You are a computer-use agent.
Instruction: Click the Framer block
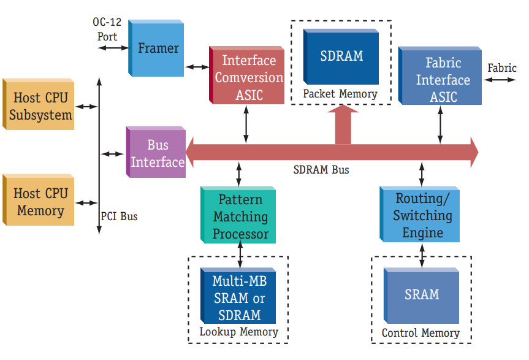coord(156,48)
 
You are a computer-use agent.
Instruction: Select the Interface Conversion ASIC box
coord(246,75)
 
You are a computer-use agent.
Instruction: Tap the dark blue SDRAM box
coord(341,56)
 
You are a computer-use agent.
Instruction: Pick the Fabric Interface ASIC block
coord(440,75)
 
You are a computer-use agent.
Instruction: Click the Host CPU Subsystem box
coord(39,104)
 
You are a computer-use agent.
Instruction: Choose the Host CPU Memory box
coord(39,200)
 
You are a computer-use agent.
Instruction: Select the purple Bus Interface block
coord(156,152)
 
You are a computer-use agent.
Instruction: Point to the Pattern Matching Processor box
coord(238,215)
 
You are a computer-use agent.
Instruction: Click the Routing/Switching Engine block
coord(420,214)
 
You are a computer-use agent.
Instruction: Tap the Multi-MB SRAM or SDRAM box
coord(238,296)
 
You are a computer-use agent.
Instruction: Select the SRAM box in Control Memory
coord(421,296)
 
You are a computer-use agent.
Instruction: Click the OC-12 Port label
coord(107,29)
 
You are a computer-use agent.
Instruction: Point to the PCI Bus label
coord(119,216)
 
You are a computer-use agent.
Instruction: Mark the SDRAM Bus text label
coord(321,170)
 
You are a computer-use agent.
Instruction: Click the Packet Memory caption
coord(340,94)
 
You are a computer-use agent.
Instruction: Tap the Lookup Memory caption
coord(239,332)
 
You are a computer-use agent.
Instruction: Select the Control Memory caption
coord(421,333)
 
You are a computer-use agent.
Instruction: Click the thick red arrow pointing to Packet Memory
coord(343,124)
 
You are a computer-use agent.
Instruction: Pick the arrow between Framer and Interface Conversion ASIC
coord(197,67)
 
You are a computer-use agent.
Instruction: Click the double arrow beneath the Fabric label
coord(500,80)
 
